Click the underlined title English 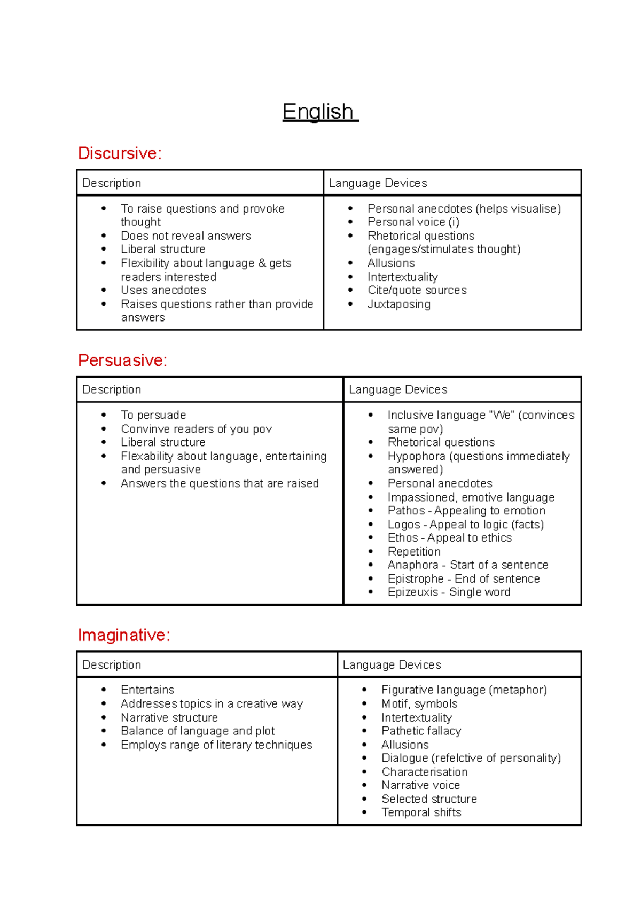[x=319, y=112]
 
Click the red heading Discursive [x=119, y=153]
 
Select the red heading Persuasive [x=122, y=361]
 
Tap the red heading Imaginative [x=123, y=635]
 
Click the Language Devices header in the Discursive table [x=378, y=183]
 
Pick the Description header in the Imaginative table [x=112, y=665]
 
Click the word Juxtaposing [x=398, y=304]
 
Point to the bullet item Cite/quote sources [x=417, y=291]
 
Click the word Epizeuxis [x=412, y=592]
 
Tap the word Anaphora [x=412, y=565]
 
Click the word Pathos [x=406, y=511]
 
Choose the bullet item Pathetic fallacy [x=421, y=731]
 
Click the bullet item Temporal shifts [x=421, y=812]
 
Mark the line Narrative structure [x=169, y=718]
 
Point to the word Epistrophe [x=415, y=579]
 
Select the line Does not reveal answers [x=185, y=236]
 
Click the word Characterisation [x=424, y=772]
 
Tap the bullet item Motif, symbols [x=419, y=704]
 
